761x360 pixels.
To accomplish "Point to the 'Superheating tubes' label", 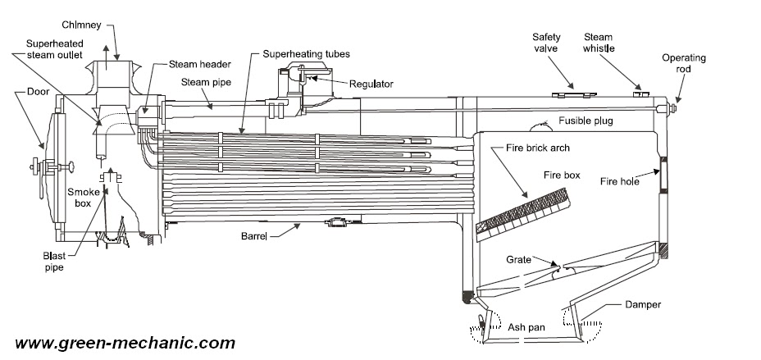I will (x=306, y=54).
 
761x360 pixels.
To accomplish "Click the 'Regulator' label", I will (x=371, y=84).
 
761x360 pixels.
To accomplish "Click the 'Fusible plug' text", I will (x=586, y=121).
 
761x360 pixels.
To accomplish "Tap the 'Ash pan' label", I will (x=525, y=327).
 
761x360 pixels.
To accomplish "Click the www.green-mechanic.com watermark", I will (x=125, y=343).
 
